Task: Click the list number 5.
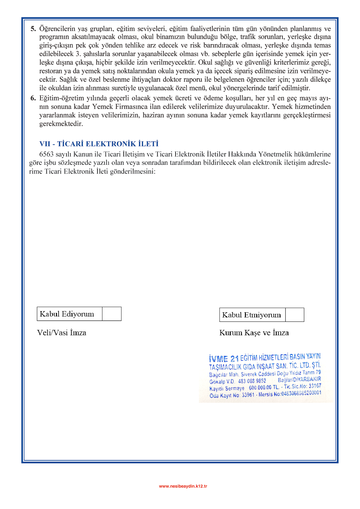[x=33, y=29]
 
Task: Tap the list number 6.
[x=33, y=98]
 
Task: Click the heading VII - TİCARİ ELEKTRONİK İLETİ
[x=99, y=144]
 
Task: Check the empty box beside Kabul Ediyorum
[x=112, y=314]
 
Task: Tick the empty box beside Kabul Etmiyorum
[x=295, y=315]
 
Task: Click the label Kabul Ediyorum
[x=67, y=314]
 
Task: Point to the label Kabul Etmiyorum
[x=252, y=315]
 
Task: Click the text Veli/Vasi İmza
[x=62, y=333]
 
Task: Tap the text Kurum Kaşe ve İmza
[x=254, y=333]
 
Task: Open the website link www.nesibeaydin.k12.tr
[x=183, y=486]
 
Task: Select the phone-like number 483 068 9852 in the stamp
[x=252, y=381]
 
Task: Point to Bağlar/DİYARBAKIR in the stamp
[x=299, y=379]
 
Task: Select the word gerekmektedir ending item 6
[x=61, y=124]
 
